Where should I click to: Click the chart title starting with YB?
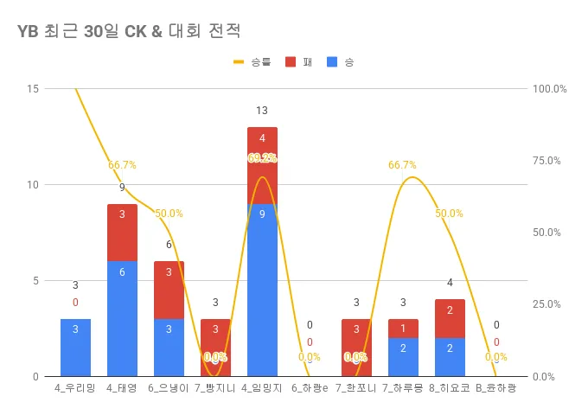(x=128, y=31)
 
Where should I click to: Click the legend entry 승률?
(x=252, y=62)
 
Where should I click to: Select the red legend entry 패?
(x=299, y=62)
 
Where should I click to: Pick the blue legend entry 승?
(x=341, y=62)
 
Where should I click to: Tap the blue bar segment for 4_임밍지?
(x=262, y=290)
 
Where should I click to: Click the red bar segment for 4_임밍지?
(x=262, y=165)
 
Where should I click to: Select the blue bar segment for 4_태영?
(x=122, y=318)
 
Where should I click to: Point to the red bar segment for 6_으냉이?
(x=169, y=290)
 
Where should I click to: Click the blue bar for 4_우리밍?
(x=75, y=347)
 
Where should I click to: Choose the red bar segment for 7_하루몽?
(x=403, y=328)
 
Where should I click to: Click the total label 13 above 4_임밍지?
(x=262, y=111)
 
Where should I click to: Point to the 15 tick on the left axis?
(x=33, y=88)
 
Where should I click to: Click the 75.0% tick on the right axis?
(x=550, y=161)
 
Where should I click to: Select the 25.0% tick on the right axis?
(x=550, y=304)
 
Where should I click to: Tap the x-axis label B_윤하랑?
(x=495, y=388)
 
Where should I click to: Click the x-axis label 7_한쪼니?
(x=355, y=388)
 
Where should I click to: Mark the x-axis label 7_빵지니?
(x=215, y=388)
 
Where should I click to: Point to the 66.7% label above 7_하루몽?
(x=402, y=165)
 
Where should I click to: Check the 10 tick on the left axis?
(x=33, y=184)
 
